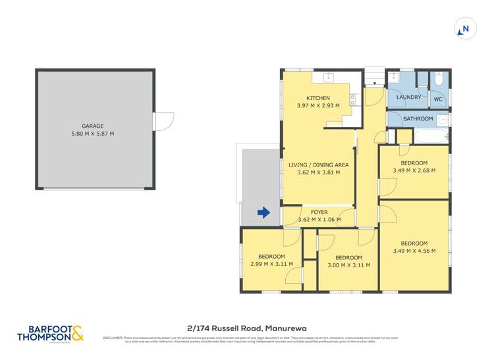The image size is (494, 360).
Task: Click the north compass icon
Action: pyautogui.click(x=465, y=28)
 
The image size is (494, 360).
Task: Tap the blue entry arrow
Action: pyautogui.click(x=263, y=212)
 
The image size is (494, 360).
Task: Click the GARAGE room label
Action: pyautogui.click(x=92, y=126)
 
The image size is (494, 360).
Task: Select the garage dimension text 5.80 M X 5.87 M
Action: pyautogui.click(x=92, y=134)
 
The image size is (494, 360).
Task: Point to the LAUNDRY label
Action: pyautogui.click(x=408, y=97)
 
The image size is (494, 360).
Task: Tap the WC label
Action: pyautogui.click(x=437, y=99)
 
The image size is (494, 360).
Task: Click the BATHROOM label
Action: pyautogui.click(x=418, y=119)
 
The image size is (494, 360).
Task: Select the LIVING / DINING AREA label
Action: pyautogui.click(x=319, y=164)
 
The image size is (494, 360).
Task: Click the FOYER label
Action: pyautogui.click(x=319, y=212)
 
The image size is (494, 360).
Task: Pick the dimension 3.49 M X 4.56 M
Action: pyautogui.click(x=414, y=251)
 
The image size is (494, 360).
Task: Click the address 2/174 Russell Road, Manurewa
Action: pyautogui.click(x=246, y=328)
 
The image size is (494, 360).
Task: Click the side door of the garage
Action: pyautogui.click(x=162, y=122)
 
